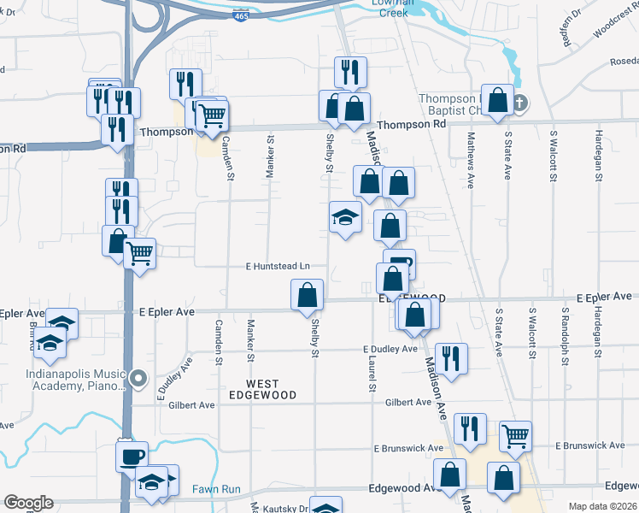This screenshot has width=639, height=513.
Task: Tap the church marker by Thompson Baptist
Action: tap(519, 103)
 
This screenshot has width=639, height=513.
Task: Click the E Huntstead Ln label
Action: tap(277, 268)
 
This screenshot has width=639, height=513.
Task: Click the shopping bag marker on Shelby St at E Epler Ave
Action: tap(308, 295)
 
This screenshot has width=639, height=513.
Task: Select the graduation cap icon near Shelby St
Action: tap(345, 217)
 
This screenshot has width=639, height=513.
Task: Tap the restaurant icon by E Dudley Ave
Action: tap(450, 357)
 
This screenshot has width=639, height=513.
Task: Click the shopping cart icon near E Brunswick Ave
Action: tap(515, 436)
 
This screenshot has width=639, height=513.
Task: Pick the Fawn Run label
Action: tap(216, 488)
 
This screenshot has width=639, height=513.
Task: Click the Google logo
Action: tap(28, 503)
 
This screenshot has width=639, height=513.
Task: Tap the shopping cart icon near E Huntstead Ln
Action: tap(139, 252)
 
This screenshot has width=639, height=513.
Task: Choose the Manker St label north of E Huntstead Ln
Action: tap(269, 155)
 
